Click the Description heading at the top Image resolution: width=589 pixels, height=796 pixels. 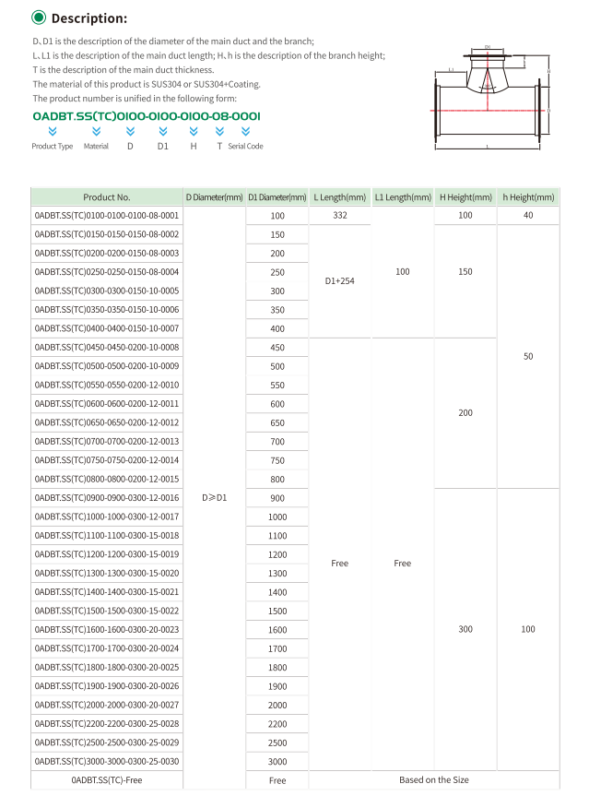[x=88, y=18]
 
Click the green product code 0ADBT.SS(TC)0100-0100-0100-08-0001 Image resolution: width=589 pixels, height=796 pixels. [x=147, y=117]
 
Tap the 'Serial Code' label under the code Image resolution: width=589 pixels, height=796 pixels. [x=245, y=146]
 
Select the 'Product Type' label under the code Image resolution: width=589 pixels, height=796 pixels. [x=53, y=146]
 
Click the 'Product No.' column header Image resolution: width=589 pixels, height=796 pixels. [x=107, y=196]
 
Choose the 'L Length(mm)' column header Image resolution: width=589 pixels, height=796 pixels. [x=339, y=196]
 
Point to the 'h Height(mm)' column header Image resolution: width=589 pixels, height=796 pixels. [x=528, y=196]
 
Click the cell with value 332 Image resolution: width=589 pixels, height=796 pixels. [x=339, y=215]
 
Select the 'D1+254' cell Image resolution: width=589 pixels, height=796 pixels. [x=339, y=281]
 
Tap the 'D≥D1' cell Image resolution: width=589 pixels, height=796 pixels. [x=214, y=497]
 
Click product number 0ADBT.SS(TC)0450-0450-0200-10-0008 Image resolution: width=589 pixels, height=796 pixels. [x=107, y=347]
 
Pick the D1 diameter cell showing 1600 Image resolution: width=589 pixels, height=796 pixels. [x=277, y=629]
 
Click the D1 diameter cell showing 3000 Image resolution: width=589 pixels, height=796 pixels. [x=277, y=761]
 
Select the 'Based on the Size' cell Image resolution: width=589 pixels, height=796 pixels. [x=433, y=779]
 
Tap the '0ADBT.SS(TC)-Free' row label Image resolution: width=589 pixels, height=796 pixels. [x=107, y=779]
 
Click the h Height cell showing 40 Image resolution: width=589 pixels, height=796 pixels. [x=528, y=215]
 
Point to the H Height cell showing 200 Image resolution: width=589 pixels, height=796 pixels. [x=465, y=412]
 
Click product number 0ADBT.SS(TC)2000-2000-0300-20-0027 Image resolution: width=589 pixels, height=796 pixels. [x=107, y=705]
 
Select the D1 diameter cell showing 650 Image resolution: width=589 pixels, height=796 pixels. [x=277, y=422]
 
